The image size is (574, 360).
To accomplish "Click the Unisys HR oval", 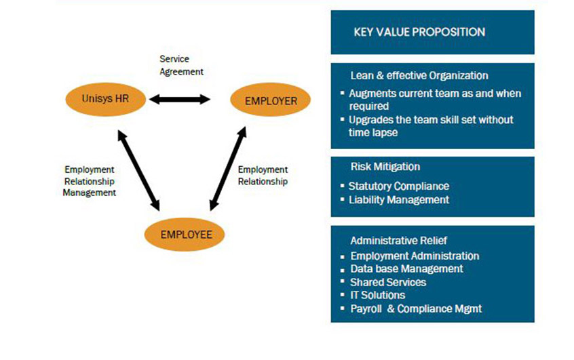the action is pyautogui.click(x=105, y=99).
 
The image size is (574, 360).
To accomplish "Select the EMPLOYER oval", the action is pyautogui.click(x=270, y=100).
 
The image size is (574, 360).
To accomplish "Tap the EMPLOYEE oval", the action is pyautogui.click(x=185, y=234).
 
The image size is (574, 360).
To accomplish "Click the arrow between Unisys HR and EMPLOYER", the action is pyautogui.click(x=180, y=99).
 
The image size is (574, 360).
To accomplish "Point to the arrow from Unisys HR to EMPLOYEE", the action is pyautogui.click(x=138, y=170).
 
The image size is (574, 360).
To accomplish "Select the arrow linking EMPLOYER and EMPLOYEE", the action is pyautogui.click(x=228, y=169).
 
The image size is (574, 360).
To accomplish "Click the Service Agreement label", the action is pyautogui.click(x=181, y=65).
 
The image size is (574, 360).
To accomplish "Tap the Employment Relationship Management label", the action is pyautogui.click(x=90, y=181).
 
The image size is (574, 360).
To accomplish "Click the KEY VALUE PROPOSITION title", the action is pyautogui.click(x=419, y=32).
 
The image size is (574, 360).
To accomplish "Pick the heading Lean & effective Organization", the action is pyautogui.click(x=419, y=76).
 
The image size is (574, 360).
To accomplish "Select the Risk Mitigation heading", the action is pyautogui.click(x=385, y=167).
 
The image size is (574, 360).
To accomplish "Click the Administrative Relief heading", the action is pyautogui.click(x=399, y=241).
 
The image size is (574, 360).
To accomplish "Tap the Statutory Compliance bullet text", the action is pyautogui.click(x=399, y=186).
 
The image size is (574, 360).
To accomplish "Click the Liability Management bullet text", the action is pyautogui.click(x=399, y=200).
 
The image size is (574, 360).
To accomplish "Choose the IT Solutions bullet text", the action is pyautogui.click(x=378, y=295).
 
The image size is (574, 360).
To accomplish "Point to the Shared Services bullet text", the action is pyautogui.click(x=388, y=283).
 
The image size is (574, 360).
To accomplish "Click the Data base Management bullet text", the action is pyautogui.click(x=406, y=269).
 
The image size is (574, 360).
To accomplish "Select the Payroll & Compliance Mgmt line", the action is pyautogui.click(x=416, y=308).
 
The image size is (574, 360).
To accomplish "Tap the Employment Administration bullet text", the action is pyautogui.click(x=415, y=256).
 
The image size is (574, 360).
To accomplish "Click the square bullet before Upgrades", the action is pyautogui.click(x=342, y=119).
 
